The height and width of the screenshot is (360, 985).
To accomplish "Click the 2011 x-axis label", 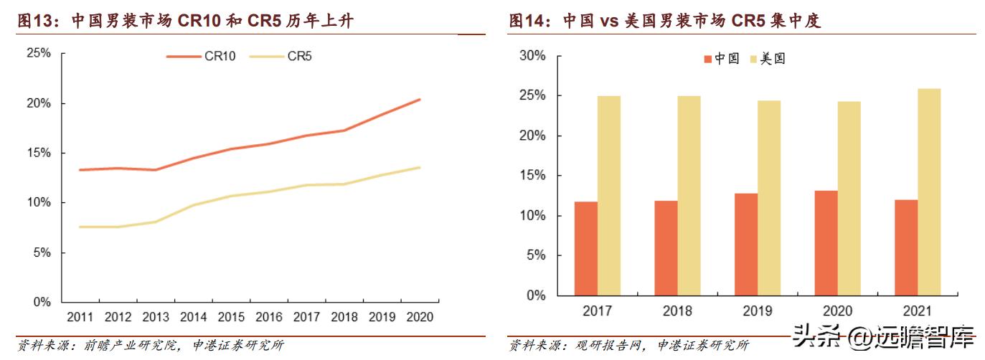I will (80, 316).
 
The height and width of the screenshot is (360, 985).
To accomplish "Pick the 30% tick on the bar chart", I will (532, 56).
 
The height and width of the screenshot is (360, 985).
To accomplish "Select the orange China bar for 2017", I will (585, 248).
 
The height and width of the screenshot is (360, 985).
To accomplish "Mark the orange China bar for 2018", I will (666, 248).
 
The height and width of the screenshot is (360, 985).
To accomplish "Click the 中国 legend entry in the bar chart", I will (722, 59).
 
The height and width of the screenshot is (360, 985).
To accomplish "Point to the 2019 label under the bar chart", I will (758, 311).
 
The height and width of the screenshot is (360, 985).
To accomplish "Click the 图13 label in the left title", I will (39, 22).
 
